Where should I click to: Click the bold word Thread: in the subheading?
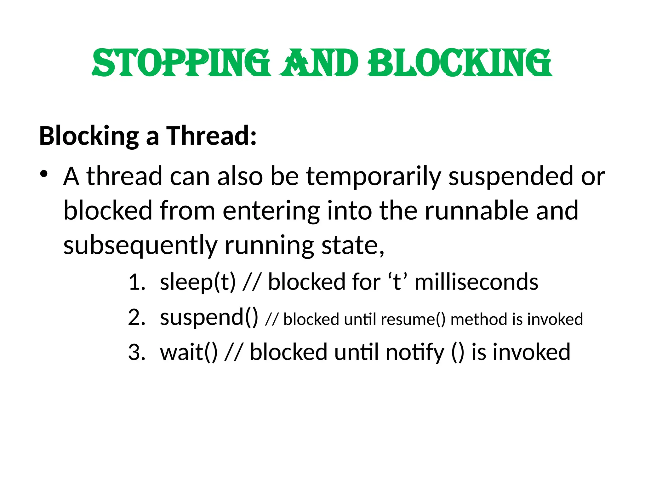coord(211,136)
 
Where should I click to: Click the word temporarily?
coord(373,177)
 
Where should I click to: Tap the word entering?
coord(271,210)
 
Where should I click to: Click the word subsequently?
coord(140,245)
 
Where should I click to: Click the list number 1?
coord(136,282)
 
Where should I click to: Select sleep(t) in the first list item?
coord(198,282)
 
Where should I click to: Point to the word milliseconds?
coord(476,282)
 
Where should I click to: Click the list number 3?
coord(136,352)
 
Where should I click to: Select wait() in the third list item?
coord(189,352)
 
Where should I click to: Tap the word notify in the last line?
coord(414,352)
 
